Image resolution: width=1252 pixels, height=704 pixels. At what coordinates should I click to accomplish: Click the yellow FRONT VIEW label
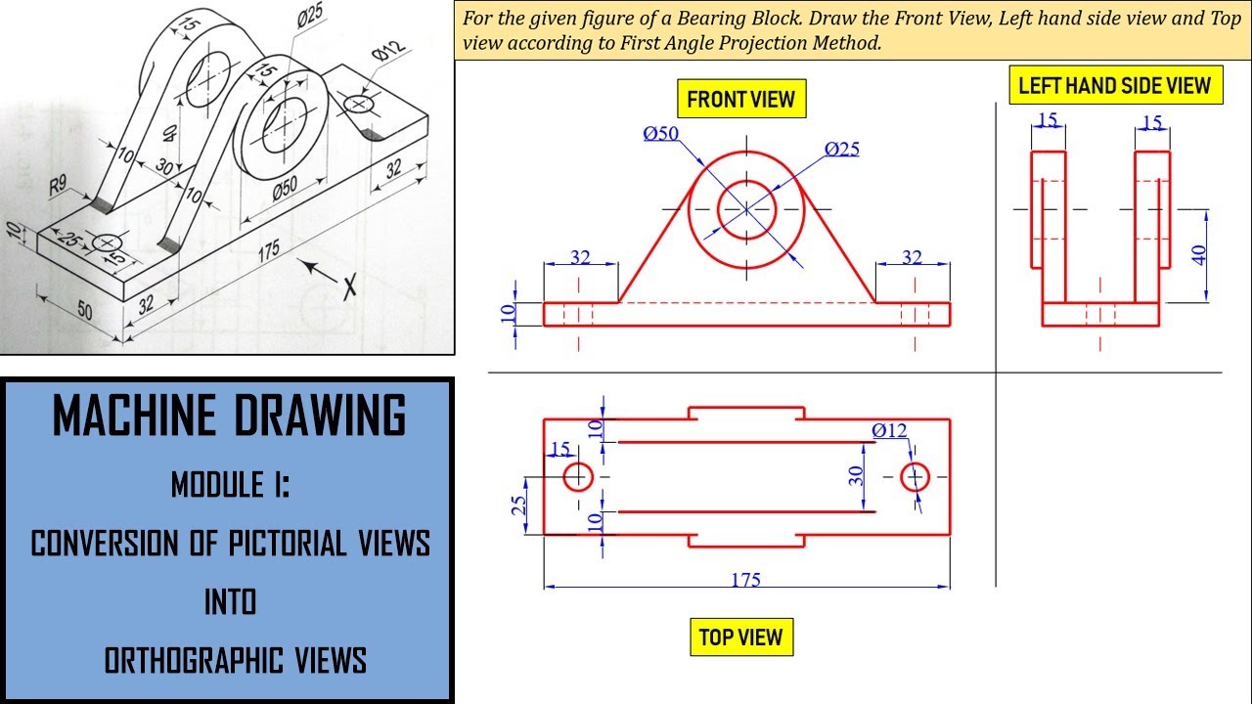[x=741, y=99]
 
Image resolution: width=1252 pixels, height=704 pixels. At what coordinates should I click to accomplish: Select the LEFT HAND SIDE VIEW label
[x=1114, y=85]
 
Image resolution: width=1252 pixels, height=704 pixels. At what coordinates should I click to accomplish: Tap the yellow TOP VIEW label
[x=740, y=638]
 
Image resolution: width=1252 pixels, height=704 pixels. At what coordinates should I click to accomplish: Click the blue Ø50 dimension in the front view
[x=661, y=134]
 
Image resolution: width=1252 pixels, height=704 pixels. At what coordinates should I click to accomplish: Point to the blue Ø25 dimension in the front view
[x=842, y=149]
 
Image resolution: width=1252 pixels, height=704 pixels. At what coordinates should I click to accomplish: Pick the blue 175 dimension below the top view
[x=746, y=579]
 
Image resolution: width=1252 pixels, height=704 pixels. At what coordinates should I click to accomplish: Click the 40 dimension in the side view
[x=1199, y=254]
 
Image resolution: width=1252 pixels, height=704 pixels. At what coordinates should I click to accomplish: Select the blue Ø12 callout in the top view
[x=889, y=430]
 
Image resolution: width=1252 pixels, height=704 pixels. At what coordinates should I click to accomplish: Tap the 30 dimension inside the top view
[x=856, y=476]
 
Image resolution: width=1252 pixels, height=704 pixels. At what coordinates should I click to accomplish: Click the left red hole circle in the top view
[x=578, y=476]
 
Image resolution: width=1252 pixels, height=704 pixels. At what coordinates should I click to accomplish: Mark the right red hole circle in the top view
[x=915, y=476]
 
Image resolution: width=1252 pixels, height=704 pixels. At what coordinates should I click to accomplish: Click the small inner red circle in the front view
[x=747, y=208]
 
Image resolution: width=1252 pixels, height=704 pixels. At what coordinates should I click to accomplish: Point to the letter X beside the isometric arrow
[x=349, y=286]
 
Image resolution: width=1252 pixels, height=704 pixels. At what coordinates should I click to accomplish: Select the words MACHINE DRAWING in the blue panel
[x=229, y=416]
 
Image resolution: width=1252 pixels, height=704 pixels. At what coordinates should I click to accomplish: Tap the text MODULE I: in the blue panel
[x=230, y=484]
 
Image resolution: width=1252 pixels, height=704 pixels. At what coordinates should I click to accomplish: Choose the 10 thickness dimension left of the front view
[x=507, y=313]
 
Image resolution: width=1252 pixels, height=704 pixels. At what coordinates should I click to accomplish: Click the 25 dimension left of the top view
[x=519, y=505]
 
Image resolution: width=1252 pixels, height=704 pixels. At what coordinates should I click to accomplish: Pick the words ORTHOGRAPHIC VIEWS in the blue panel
[x=235, y=661]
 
